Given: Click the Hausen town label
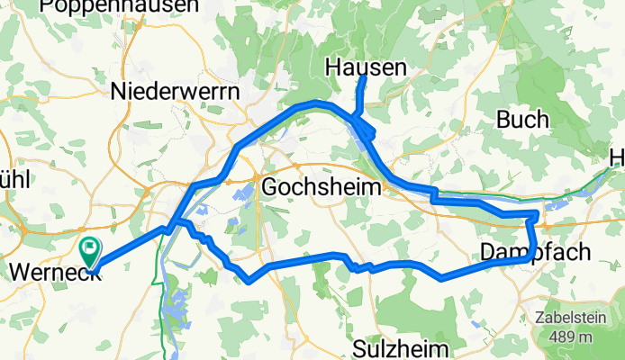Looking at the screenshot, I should [x=365, y=66].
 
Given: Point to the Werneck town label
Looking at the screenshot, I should [x=50, y=269].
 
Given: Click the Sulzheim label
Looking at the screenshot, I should [x=391, y=348].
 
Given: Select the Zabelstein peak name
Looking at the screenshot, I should [x=574, y=318].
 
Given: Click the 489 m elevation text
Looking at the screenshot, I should [x=574, y=337].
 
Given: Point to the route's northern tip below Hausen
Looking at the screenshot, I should [x=365, y=79].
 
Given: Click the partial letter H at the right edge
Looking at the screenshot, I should [x=617, y=159].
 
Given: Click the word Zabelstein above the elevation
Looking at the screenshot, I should [x=574, y=318].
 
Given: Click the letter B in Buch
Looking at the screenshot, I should [x=504, y=120].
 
